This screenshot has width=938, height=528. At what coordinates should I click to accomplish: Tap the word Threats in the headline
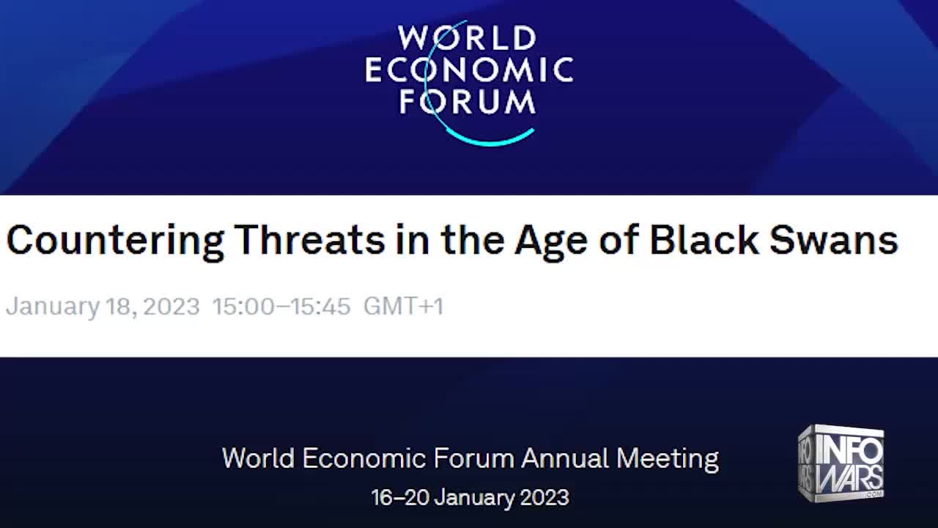309,241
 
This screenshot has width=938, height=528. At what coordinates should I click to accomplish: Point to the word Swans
833,241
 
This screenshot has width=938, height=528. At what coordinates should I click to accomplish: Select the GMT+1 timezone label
403,306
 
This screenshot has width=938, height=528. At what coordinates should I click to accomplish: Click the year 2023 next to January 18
171,306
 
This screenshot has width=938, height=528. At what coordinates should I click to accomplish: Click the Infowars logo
841,463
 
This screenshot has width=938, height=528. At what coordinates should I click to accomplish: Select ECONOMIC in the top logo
469,70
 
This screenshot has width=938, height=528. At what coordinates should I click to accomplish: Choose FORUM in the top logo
467,103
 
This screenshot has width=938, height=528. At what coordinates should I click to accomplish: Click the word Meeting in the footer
667,458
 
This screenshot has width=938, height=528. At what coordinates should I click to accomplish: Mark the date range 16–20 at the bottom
400,497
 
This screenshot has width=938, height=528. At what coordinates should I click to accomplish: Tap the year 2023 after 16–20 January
544,497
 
